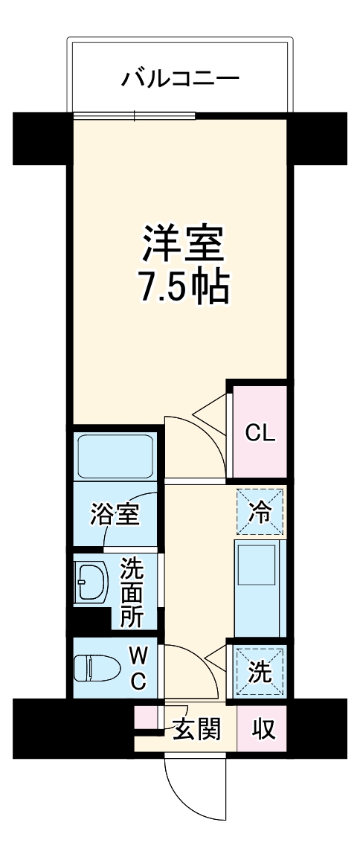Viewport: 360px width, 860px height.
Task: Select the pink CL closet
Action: click(260, 432)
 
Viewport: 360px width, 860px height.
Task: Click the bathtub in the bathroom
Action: click(115, 455)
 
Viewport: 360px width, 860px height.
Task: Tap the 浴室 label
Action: click(115, 514)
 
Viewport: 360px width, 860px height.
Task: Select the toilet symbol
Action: click(97, 667)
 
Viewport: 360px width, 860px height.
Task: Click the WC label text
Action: click(138, 667)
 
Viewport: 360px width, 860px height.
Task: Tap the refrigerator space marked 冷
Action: click(260, 511)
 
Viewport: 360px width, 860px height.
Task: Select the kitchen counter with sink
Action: click(260, 588)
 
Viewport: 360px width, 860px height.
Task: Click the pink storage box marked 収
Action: click(263, 729)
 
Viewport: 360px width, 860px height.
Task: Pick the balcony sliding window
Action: click(135, 115)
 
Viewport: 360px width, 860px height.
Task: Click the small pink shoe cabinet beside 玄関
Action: click(146, 717)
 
